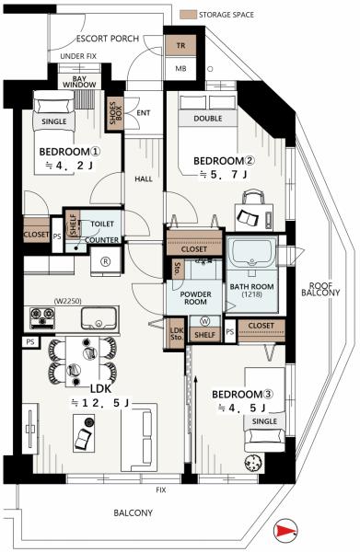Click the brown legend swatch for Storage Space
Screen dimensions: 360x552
(x=188, y=15)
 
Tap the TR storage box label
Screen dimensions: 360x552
(x=180, y=45)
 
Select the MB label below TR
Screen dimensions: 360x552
(x=180, y=69)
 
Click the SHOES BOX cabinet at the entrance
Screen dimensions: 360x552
(x=115, y=113)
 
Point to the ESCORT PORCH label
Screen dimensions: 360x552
(x=108, y=39)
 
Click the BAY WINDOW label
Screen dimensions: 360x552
(x=79, y=82)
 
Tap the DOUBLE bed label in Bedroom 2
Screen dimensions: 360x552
(x=208, y=119)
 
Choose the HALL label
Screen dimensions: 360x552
(x=144, y=178)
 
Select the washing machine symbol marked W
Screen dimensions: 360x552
(x=204, y=321)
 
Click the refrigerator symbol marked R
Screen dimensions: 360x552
(x=105, y=261)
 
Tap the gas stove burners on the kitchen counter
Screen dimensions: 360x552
(x=42, y=318)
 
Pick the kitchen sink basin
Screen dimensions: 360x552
(x=99, y=318)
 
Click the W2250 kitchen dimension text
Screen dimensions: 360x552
(x=67, y=302)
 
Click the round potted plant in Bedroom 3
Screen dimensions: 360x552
(x=253, y=462)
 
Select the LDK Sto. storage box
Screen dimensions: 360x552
(x=177, y=333)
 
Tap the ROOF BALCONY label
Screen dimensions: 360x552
(x=320, y=289)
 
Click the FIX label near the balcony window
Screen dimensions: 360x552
(x=160, y=489)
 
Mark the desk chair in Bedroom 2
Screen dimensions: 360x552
(x=253, y=197)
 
